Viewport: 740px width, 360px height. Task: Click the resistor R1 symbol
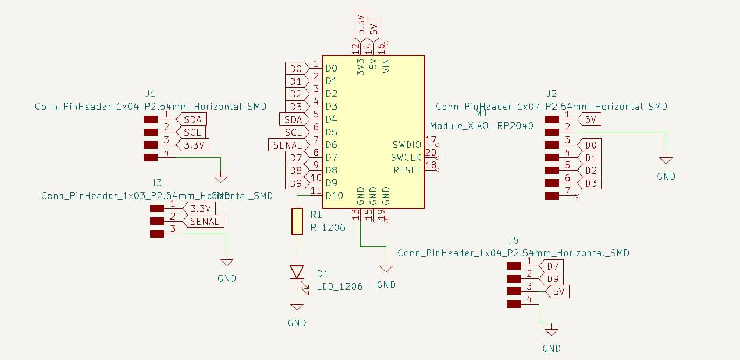click(x=297, y=221)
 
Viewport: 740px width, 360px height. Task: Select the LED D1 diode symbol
click(x=297, y=272)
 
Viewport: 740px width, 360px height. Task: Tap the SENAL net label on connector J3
click(x=204, y=221)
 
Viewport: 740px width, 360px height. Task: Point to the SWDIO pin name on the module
click(x=407, y=145)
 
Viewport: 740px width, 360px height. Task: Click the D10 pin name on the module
click(x=334, y=196)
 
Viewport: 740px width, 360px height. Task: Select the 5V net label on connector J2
click(x=589, y=119)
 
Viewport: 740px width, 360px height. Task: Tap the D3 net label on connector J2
click(x=590, y=183)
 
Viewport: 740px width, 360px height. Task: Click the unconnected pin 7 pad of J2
click(x=552, y=196)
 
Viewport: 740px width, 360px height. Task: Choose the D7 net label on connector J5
click(x=553, y=266)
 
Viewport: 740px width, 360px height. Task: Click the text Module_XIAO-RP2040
click(x=481, y=126)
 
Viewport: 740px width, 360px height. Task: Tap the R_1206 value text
click(x=328, y=227)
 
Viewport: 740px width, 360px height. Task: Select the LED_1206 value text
click(x=339, y=286)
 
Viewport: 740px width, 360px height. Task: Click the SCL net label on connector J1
click(x=192, y=132)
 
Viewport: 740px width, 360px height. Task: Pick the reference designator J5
click(x=513, y=240)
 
